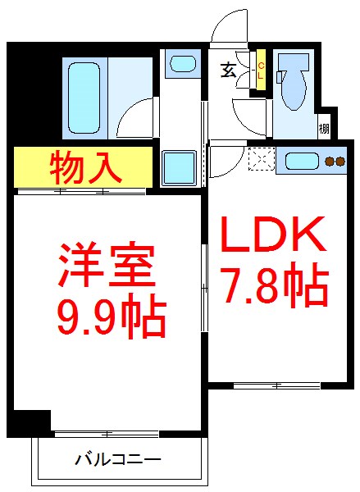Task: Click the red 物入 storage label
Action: tap(85, 167)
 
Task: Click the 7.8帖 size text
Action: tap(273, 286)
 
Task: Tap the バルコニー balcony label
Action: tap(118, 460)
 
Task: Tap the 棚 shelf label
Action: tap(325, 128)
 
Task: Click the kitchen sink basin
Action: tap(301, 162)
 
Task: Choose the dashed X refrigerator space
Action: tap(262, 158)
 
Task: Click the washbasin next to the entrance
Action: tap(180, 62)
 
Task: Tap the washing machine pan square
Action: tap(179, 168)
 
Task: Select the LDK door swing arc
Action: tap(221, 162)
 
